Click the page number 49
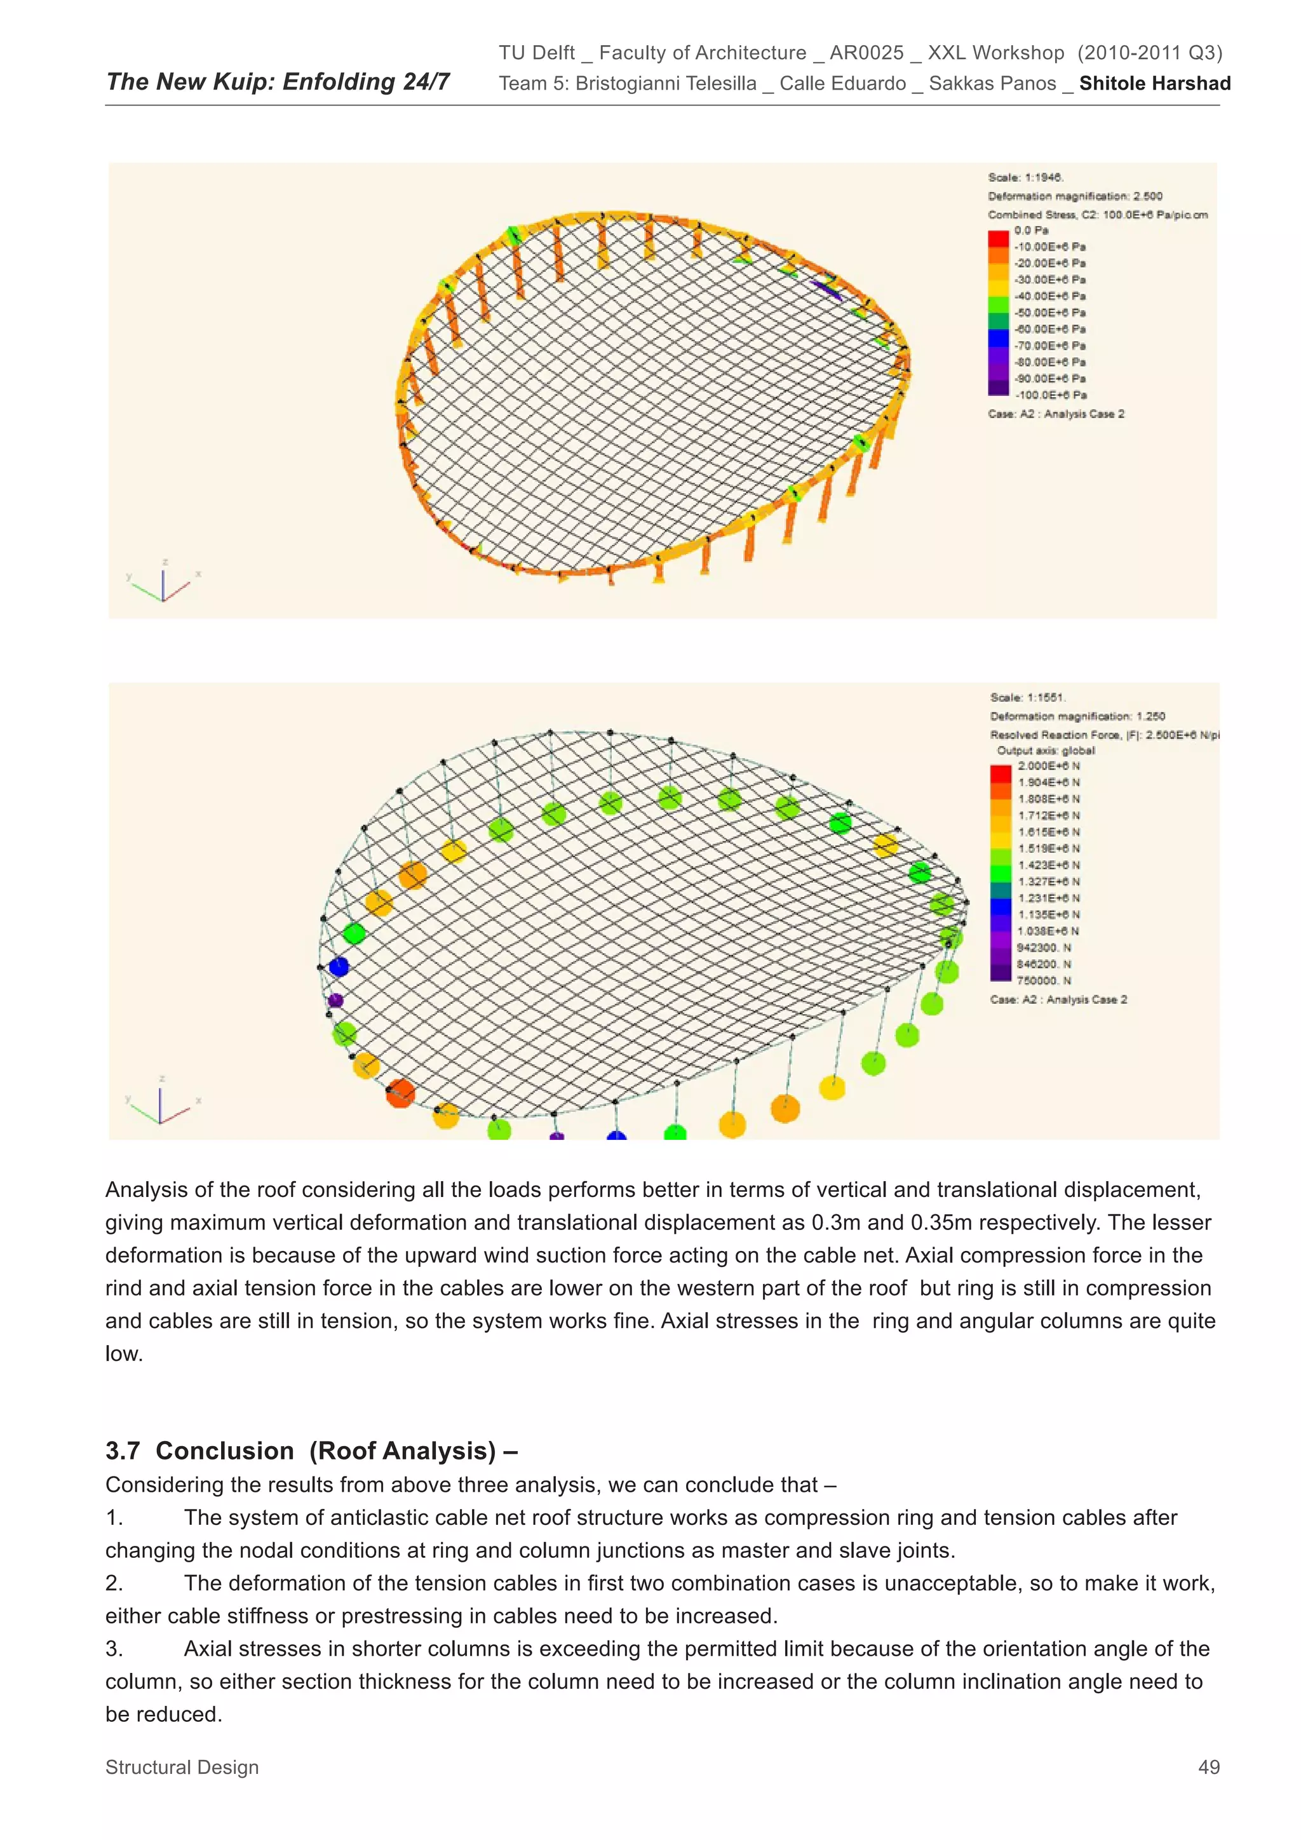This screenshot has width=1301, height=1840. coord(1208,1767)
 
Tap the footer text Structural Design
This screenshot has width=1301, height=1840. coord(182,1767)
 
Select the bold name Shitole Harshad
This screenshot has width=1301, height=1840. coord(1154,83)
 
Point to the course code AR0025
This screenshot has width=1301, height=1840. coord(866,53)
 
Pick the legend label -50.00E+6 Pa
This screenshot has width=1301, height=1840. coord(1049,313)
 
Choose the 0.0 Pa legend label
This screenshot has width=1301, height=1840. coord(1031,230)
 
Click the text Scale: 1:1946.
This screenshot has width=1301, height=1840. coord(1025,177)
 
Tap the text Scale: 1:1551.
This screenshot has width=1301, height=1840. coord(1028,697)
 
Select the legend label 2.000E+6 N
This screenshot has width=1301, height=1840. coord(1049,766)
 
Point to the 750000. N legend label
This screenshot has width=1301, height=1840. coord(1044,980)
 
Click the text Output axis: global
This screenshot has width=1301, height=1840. coord(1046,751)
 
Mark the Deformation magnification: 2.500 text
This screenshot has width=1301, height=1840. coord(1074,196)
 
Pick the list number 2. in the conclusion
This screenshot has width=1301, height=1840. coord(114,1583)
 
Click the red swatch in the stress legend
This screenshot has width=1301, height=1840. coord(998,238)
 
